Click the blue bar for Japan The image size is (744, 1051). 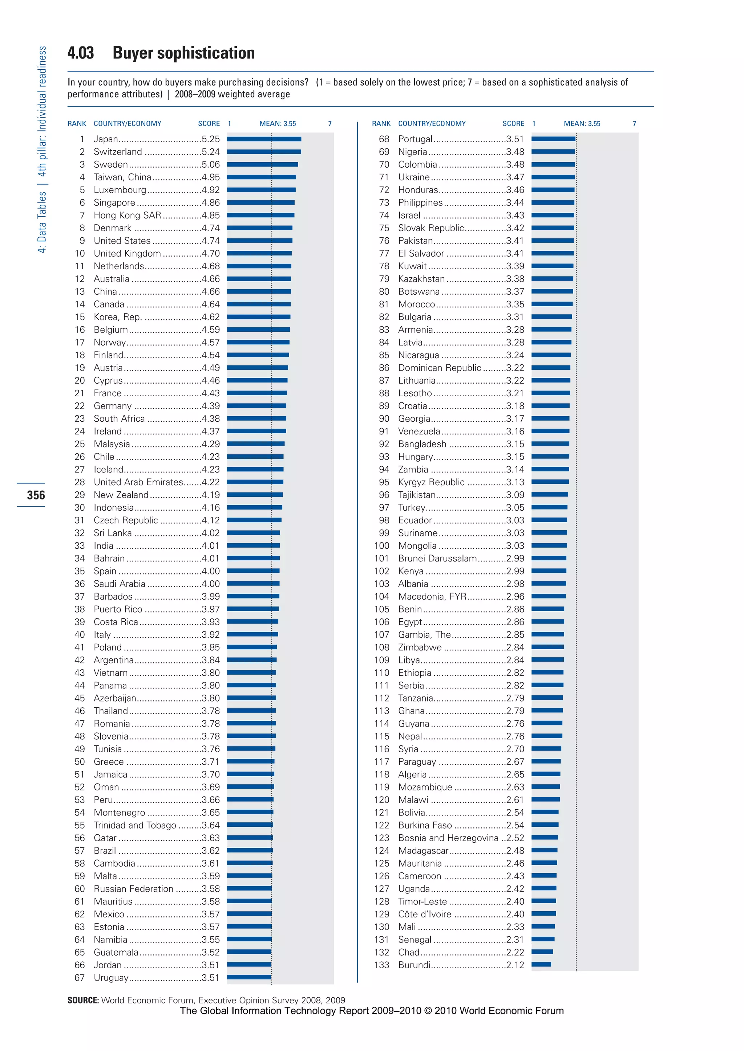(264, 139)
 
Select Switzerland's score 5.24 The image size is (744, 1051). (211, 151)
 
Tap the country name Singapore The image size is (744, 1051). (114, 203)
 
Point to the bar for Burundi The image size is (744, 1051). (541, 965)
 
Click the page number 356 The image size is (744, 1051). (36, 495)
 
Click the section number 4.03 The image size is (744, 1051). (81, 53)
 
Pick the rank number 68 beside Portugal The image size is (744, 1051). (384, 139)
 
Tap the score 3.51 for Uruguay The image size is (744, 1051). (211, 977)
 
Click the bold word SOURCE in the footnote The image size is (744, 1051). (83, 1000)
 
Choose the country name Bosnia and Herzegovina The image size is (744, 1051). (448, 838)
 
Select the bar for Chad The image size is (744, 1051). (542, 952)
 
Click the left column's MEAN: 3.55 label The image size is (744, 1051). (278, 124)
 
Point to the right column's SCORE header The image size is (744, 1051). (513, 124)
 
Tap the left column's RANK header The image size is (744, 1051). (77, 124)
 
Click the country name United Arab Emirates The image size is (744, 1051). (138, 482)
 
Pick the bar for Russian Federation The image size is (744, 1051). (249, 888)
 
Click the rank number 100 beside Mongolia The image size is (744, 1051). (381, 545)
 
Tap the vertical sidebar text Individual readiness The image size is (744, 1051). (42, 89)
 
